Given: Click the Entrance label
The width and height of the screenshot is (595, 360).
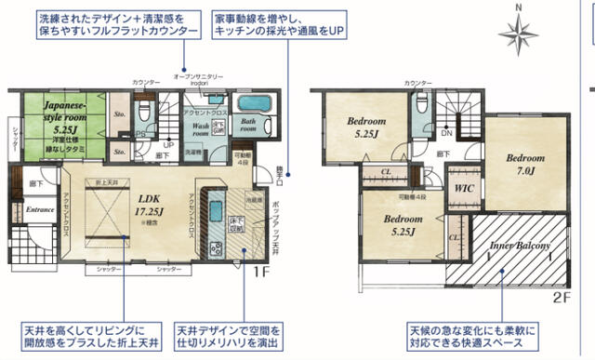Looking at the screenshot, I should (x=40, y=210).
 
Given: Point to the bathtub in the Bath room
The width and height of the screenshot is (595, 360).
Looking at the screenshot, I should (x=253, y=103).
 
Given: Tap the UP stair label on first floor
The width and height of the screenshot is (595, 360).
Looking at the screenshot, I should (x=167, y=146).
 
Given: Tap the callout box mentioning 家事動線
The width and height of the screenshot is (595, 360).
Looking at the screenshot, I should (x=279, y=25).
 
